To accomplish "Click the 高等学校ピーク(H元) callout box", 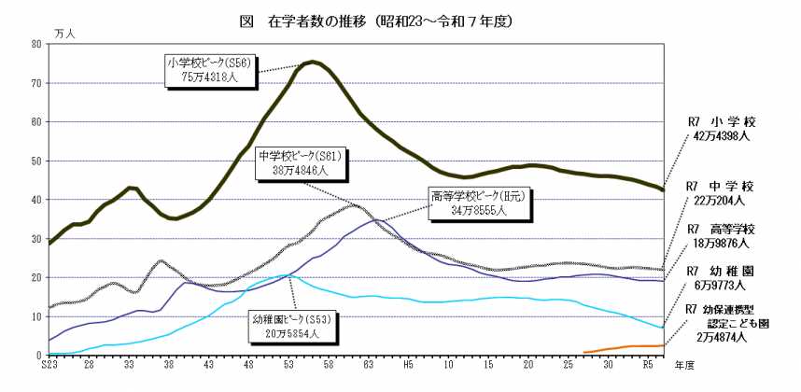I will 468,203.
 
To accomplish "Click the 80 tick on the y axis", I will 35,44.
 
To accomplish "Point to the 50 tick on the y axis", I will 35,161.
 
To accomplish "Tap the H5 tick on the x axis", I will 408,366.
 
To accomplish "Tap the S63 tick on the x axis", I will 368,366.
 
